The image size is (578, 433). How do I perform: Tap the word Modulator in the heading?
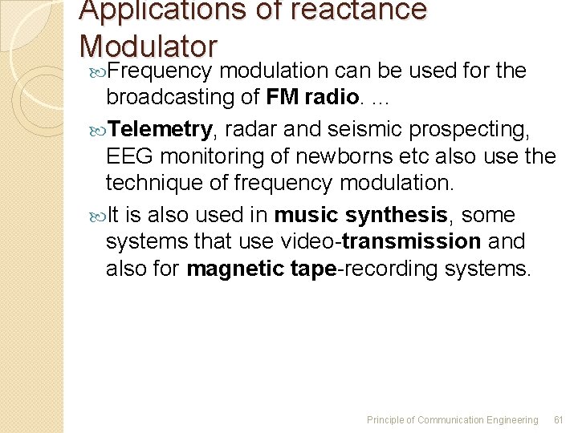(149, 45)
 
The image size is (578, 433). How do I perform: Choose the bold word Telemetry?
(161, 128)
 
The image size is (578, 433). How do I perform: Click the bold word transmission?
(411, 241)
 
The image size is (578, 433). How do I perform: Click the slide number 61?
(560, 420)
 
